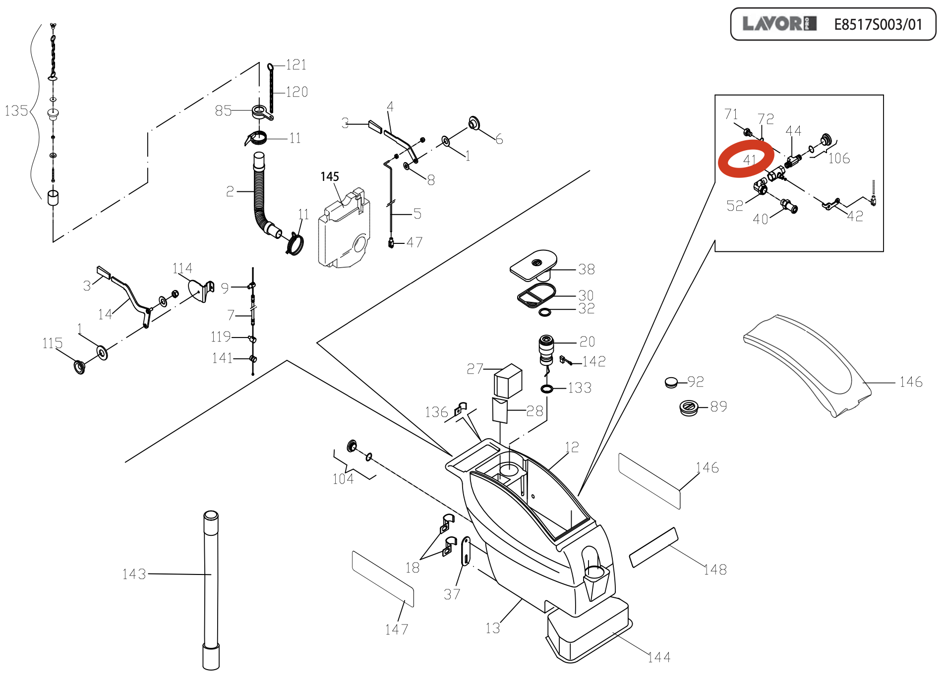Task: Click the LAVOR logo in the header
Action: (779, 23)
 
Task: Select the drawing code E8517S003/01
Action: (878, 24)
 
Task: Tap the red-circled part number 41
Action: (749, 160)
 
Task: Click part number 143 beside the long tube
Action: (134, 574)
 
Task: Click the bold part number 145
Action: (330, 176)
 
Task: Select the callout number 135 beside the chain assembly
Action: (16, 111)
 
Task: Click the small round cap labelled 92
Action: (671, 382)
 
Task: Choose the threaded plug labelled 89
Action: (689, 407)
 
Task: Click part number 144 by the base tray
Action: (659, 657)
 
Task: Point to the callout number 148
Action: (715, 570)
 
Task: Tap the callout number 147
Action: (396, 630)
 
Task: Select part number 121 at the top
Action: (296, 65)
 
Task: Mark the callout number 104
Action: (343, 479)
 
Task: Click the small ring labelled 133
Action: (547, 389)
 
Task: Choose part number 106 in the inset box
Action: (839, 159)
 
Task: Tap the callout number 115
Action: (52, 343)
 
